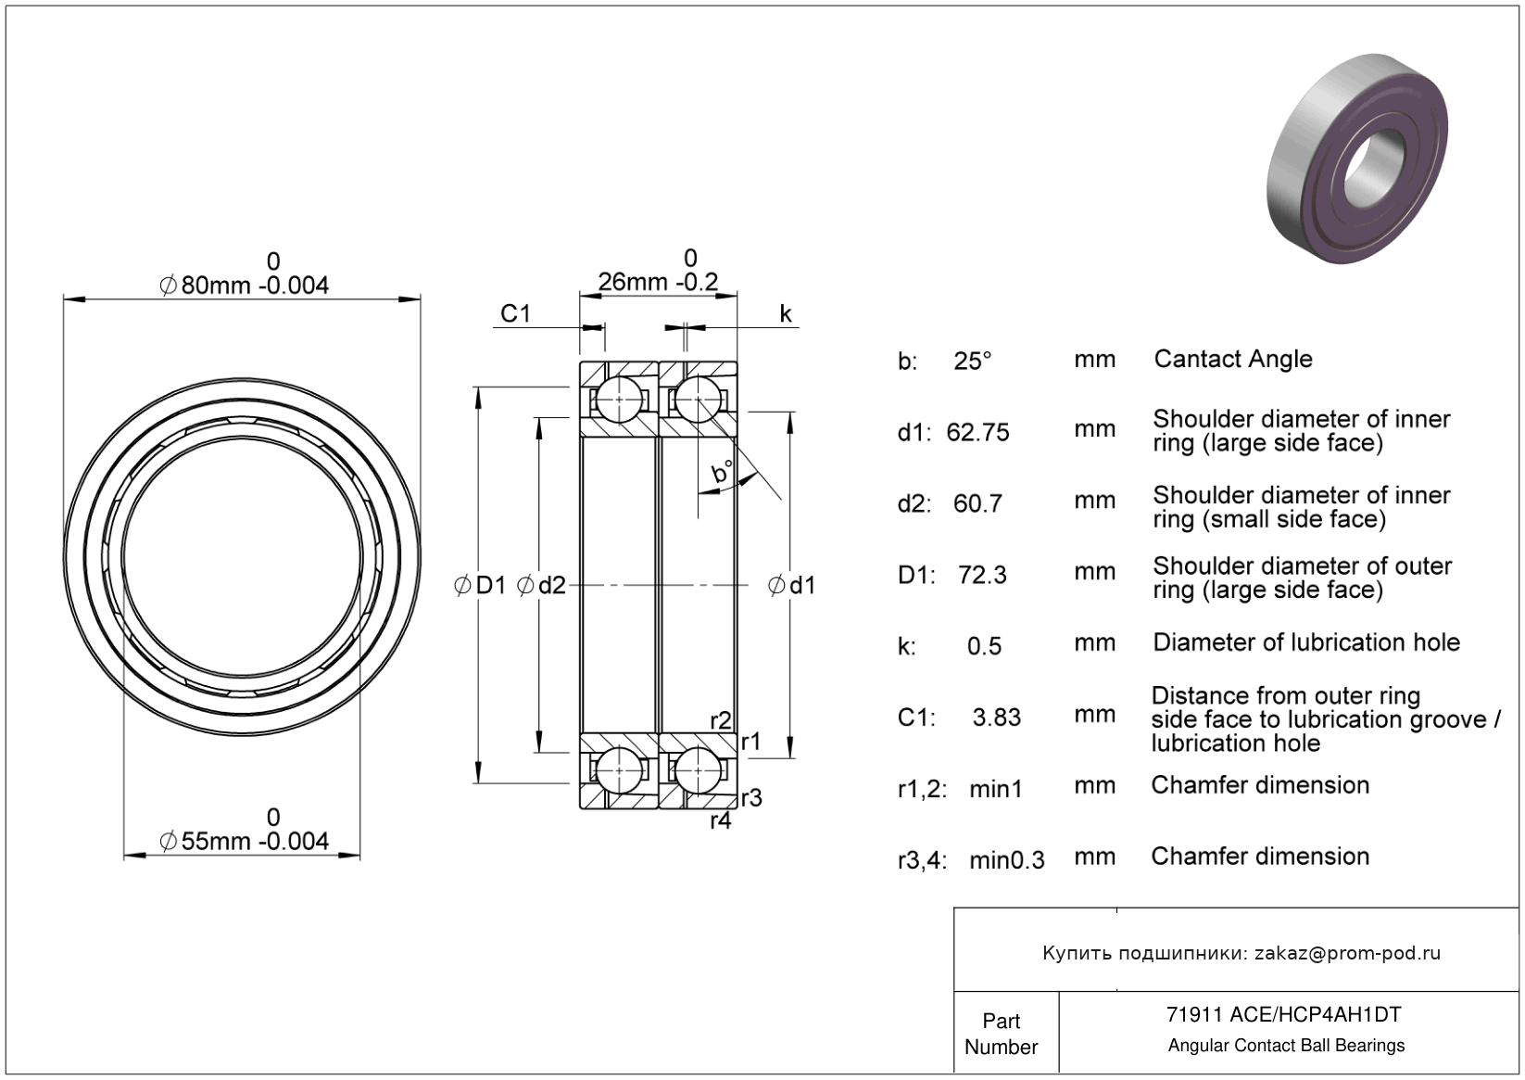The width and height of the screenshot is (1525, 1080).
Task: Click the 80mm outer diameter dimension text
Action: [x=245, y=285]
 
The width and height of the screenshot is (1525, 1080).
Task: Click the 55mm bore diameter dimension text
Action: [x=245, y=841]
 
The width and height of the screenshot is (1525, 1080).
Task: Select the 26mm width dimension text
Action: [x=658, y=281]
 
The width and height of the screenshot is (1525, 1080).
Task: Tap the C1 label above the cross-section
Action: [x=515, y=313]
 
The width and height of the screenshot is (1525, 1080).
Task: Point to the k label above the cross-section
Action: [x=786, y=313]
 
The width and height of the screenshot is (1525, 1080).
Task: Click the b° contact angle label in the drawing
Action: [x=722, y=473]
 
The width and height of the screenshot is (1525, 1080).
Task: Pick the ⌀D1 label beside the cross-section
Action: [x=481, y=585]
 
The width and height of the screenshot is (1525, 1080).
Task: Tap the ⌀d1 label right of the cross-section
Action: [x=792, y=585]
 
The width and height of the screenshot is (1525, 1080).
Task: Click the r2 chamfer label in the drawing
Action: [x=721, y=720]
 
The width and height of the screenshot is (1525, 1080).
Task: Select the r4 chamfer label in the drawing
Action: [x=721, y=820]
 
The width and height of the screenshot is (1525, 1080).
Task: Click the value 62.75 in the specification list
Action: [x=977, y=432]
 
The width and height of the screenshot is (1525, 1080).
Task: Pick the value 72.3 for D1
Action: [x=982, y=575]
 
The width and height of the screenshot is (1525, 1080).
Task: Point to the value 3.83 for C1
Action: [x=996, y=717]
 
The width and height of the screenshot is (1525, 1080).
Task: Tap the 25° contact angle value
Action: [x=973, y=361]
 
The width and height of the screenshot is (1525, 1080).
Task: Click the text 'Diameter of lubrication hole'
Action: [x=1306, y=642]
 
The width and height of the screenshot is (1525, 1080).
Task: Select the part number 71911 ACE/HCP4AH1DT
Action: [x=1284, y=1015]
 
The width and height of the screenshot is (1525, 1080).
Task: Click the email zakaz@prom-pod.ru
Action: [x=1347, y=953]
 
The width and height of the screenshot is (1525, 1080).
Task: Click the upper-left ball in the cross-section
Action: [x=619, y=400]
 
